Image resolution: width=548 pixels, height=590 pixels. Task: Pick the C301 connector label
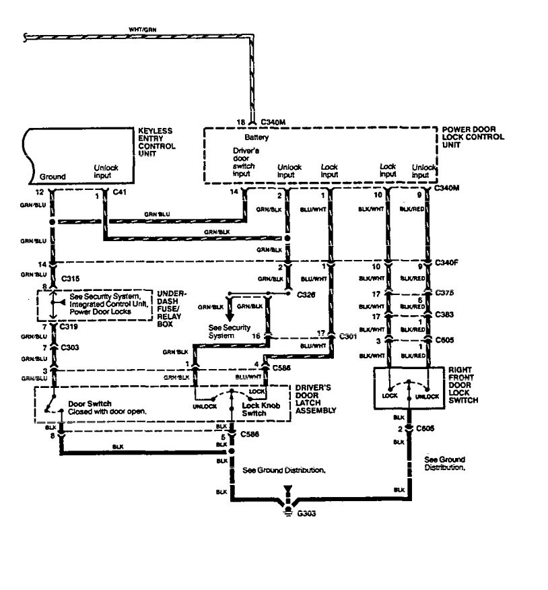(348, 335)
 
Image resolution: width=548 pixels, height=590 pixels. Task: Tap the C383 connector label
(444, 314)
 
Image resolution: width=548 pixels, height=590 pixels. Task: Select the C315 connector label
(69, 277)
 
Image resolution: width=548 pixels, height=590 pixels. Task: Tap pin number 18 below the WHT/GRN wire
(240, 122)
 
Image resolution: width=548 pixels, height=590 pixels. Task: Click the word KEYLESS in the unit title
(156, 130)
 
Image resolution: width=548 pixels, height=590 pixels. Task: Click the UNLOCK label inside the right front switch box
(427, 397)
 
